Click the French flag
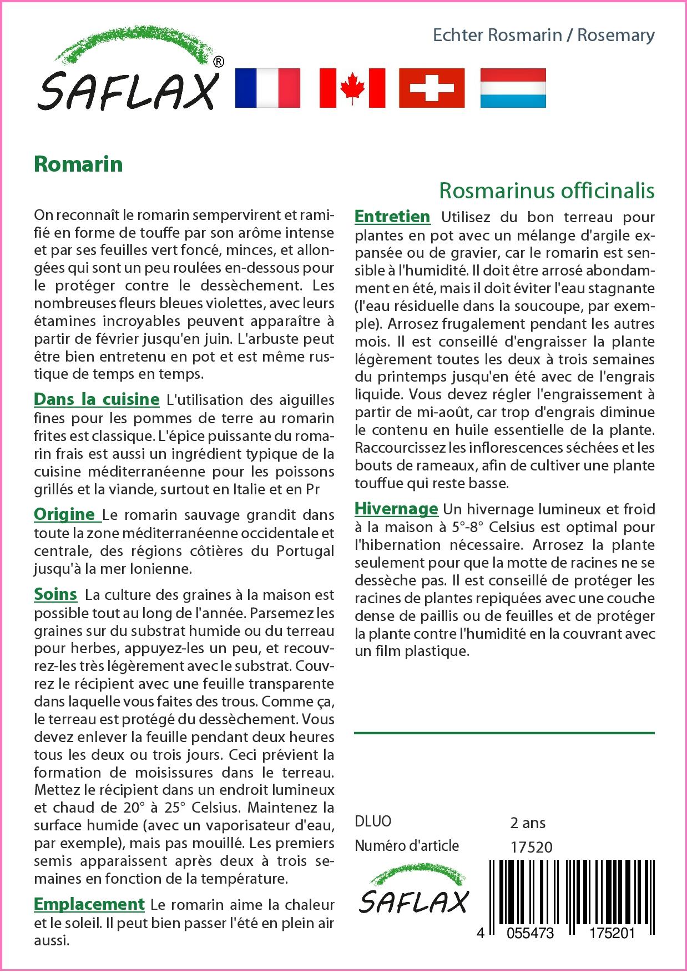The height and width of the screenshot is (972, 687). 268,88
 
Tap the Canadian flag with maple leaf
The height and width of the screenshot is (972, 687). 352,88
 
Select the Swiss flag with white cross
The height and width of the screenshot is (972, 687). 432,88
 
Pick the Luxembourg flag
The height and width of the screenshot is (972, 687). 513,88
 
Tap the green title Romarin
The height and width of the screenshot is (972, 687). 78,164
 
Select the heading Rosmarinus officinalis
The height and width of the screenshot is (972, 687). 547,191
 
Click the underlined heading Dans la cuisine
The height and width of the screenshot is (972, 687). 97,399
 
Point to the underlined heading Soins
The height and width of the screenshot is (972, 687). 55,594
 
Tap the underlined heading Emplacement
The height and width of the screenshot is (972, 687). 89,904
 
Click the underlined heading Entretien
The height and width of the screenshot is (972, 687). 392,216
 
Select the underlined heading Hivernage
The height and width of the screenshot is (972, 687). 396,509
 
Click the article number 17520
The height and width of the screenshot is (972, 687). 531,846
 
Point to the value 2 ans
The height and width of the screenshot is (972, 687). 528,822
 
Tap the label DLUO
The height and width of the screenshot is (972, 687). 373,821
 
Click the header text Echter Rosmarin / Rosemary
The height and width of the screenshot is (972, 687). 543,35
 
